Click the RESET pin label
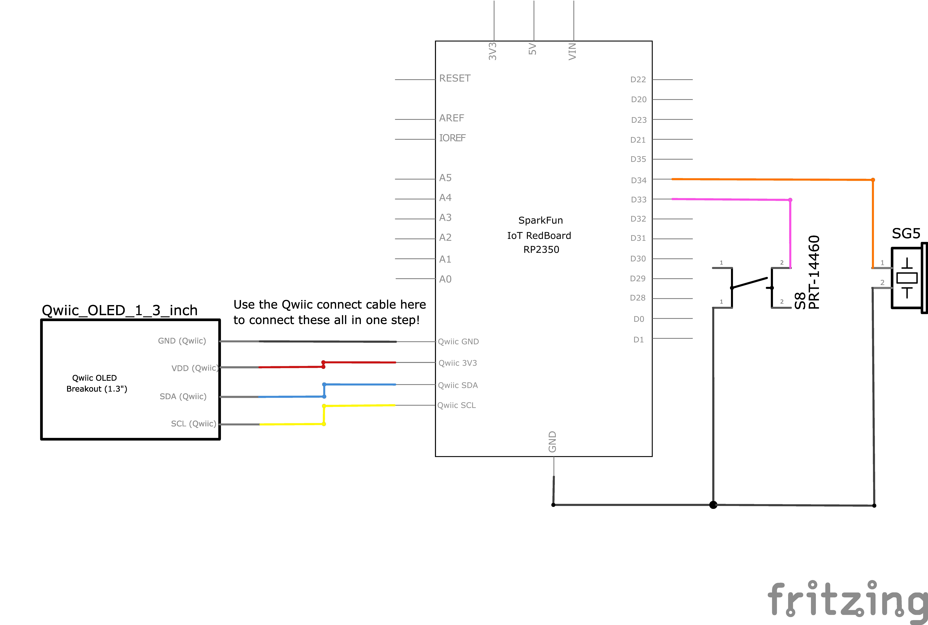click(x=455, y=78)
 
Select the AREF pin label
click(x=452, y=118)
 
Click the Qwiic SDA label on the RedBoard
click(x=458, y=385)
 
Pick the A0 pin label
click(x=445, y=279)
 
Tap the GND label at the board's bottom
click(x=552, y=442)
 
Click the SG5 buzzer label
click(x=906, y=233)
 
